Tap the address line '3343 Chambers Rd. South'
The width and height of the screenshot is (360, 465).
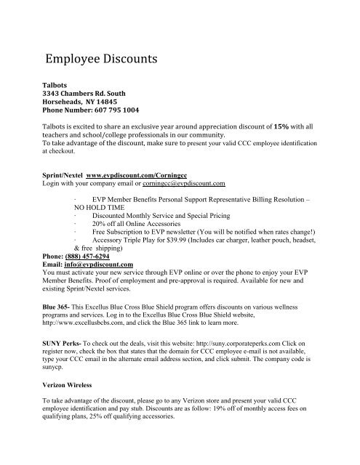[88, 114]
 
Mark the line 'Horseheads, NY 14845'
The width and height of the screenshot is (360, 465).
[80, 124]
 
